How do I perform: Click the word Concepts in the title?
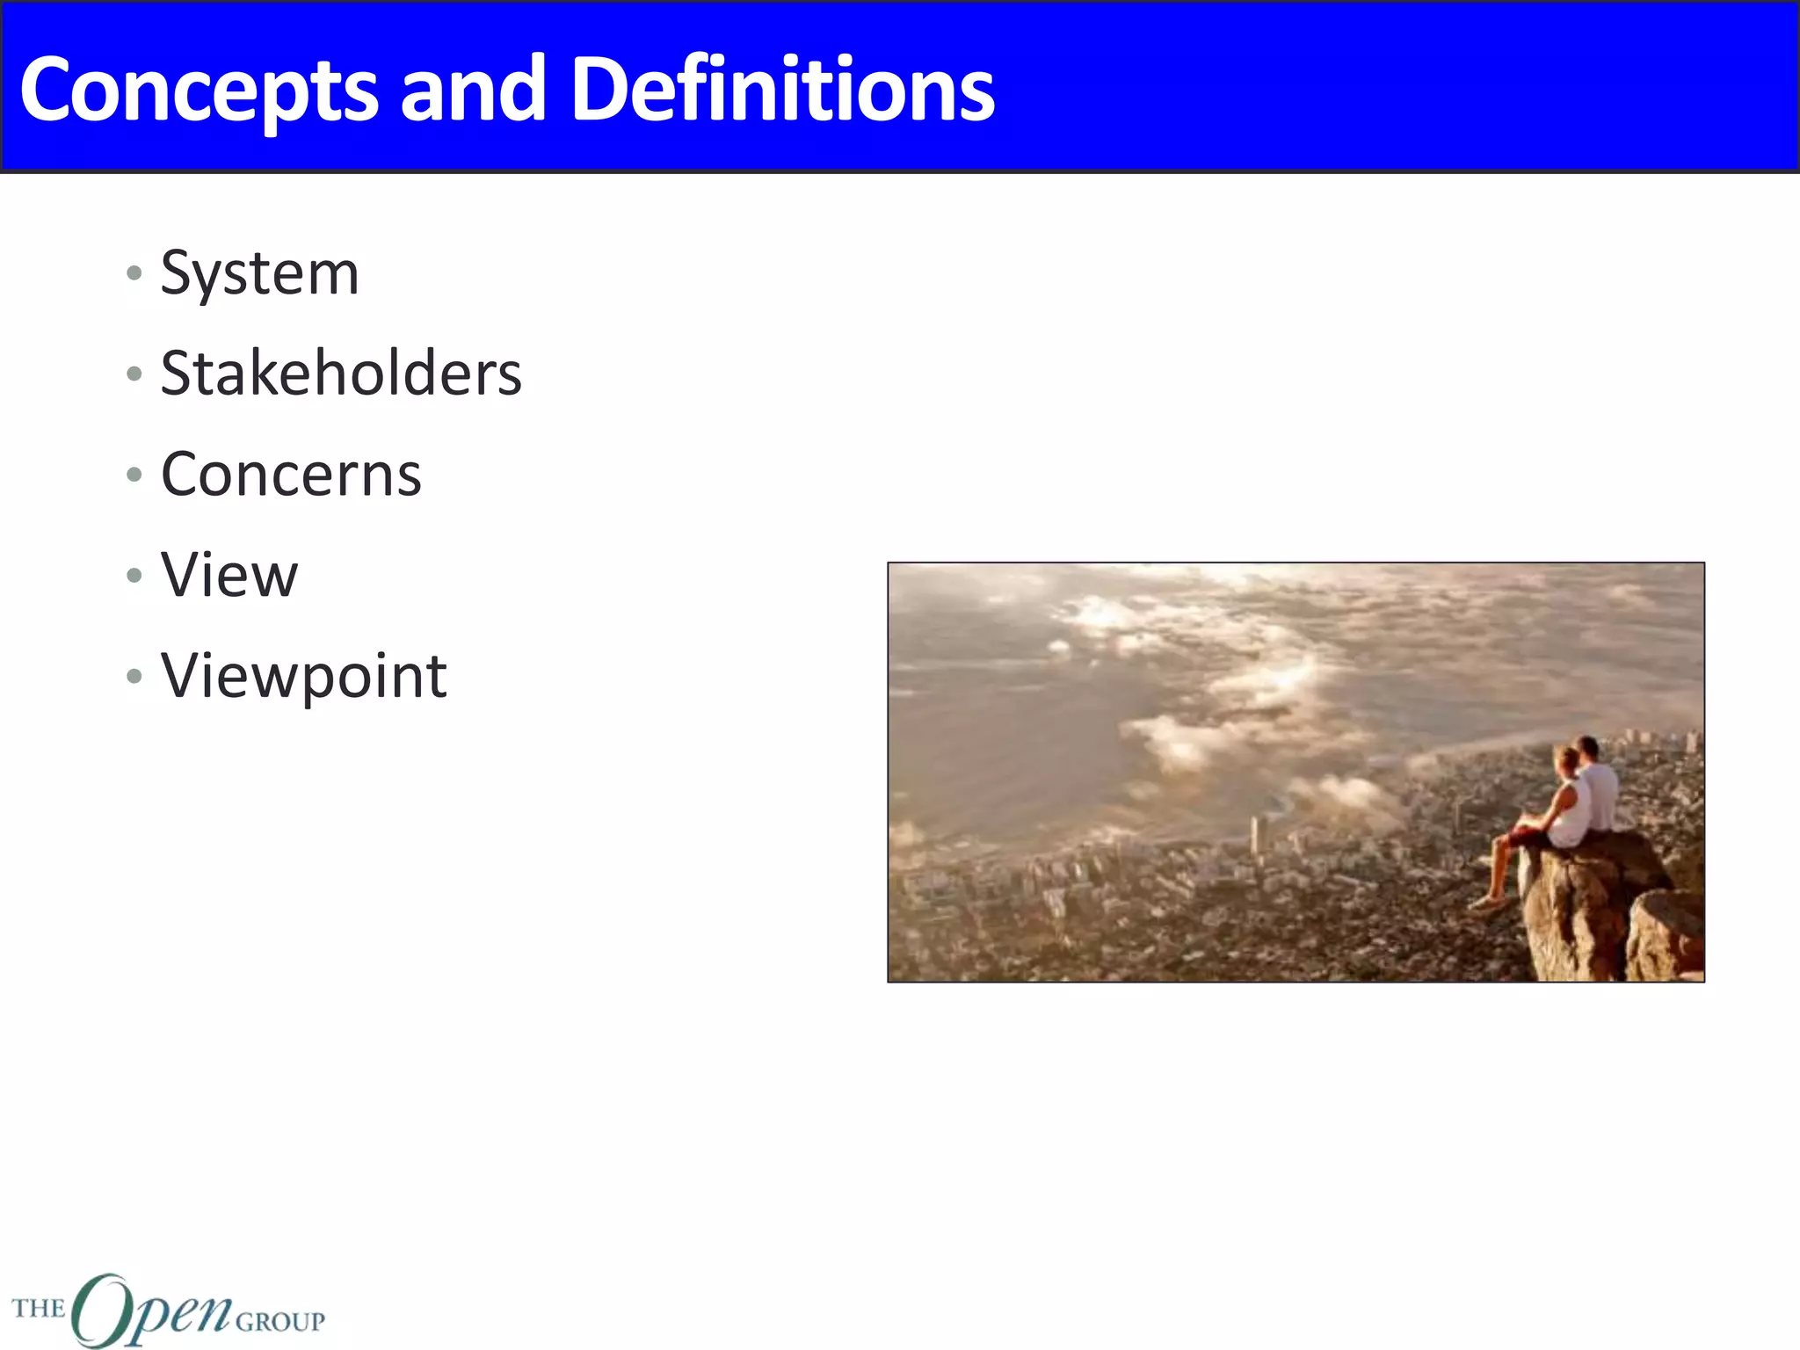(199, 90)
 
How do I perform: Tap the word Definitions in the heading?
(782, 90)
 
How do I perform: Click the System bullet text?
(259, 273)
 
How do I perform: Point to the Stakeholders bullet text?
(341, 374)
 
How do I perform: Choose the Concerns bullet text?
(291, 475)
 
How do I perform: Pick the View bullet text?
(229, 576)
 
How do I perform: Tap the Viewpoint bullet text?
(304, 676)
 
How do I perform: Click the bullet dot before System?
(134, 273)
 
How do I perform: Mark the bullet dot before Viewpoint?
(134, 676)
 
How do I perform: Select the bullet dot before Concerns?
(134, 475)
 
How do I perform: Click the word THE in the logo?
(39, 1309)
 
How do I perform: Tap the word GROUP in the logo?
(280, 1322)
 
